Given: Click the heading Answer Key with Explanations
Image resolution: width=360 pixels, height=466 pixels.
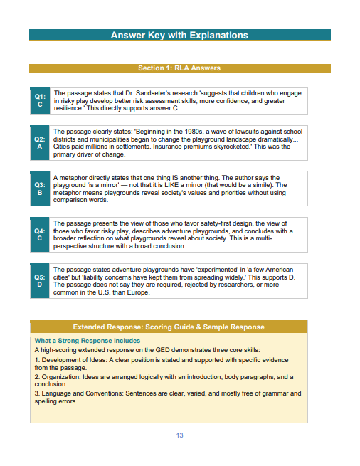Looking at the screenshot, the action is [179, 35].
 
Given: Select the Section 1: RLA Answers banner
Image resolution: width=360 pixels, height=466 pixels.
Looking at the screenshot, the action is [179, 68].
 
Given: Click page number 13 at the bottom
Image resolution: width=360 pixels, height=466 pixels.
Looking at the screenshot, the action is [180, 435].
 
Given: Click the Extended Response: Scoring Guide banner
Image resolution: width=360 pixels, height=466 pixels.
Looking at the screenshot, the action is [169, 327].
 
